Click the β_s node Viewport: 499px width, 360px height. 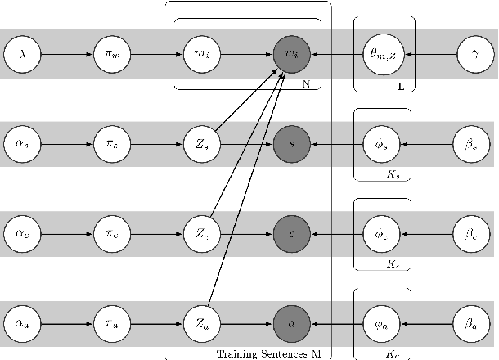(x=472, y=144)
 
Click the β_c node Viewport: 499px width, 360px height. (x=472, y=233)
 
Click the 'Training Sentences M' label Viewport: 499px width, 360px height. (x=268, y=353)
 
